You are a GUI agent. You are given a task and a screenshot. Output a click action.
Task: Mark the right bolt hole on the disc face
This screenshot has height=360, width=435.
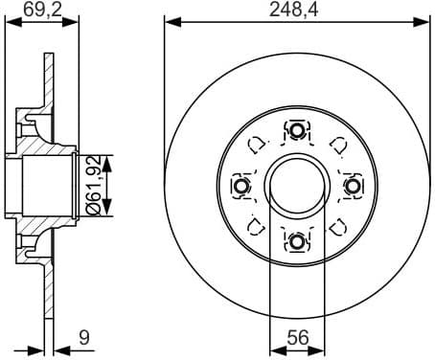[352, 185]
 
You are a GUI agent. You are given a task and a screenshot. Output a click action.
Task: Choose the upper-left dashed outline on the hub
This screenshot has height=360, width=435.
[257, 145]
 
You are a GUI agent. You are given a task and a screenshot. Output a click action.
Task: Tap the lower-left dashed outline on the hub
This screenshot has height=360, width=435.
[257, 226]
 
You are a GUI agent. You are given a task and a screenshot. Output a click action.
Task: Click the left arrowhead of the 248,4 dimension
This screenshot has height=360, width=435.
[170, 21]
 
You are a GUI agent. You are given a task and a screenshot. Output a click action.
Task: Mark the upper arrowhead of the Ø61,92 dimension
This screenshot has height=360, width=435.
[111, 158]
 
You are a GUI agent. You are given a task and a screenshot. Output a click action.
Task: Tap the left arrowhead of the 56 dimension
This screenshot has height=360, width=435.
[274, 347]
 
